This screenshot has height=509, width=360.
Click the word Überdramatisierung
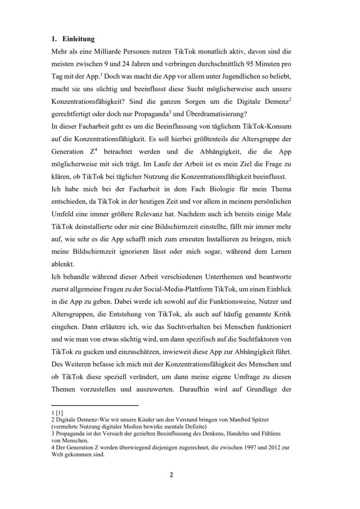(222, 114)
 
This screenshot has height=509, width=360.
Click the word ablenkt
(63, 264)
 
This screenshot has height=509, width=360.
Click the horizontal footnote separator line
(94, 406)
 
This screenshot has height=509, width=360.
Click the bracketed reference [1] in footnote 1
(60, 413)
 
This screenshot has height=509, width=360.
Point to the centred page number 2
(171, 475)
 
